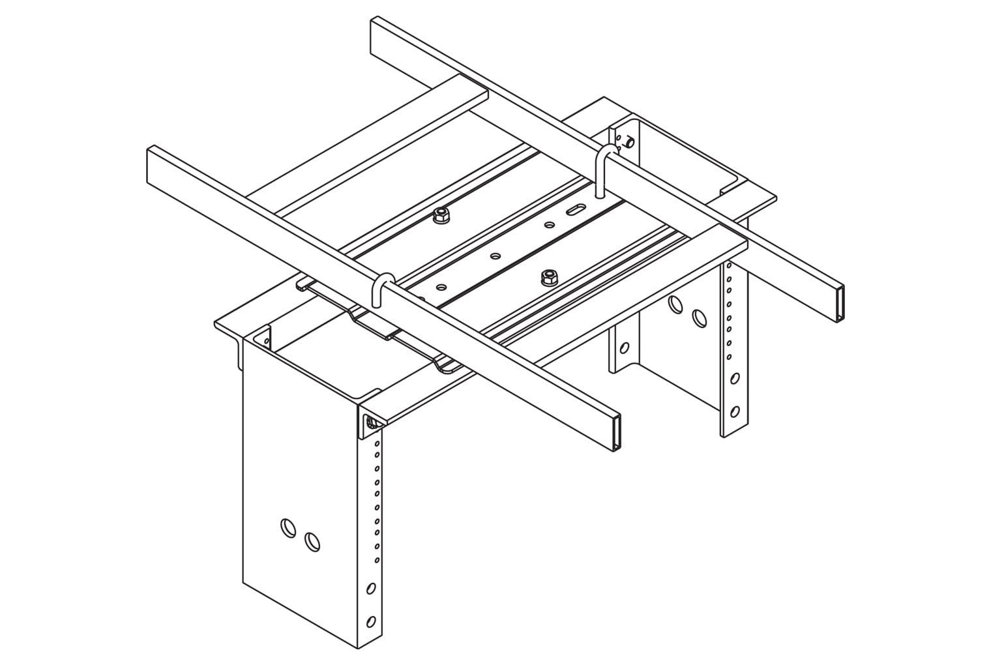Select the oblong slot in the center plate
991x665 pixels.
(576, 209)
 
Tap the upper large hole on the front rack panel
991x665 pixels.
(286, 527)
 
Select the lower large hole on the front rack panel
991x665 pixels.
(312, 542)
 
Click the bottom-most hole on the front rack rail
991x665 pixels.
(371, 620)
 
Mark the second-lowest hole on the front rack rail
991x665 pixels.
(371, 588)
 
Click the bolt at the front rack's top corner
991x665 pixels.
(372, 423)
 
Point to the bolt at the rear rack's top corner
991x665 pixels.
(629, 141)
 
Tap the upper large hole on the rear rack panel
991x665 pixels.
(675, 303)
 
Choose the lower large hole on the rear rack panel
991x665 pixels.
(699, 318)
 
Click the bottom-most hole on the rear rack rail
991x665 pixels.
(735, 411)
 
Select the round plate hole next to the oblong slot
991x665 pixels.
(550, 225)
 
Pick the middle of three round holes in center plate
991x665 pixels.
(495, 256)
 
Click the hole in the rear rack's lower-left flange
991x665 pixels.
(624, 347)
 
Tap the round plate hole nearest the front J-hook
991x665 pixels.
(441, 286)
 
